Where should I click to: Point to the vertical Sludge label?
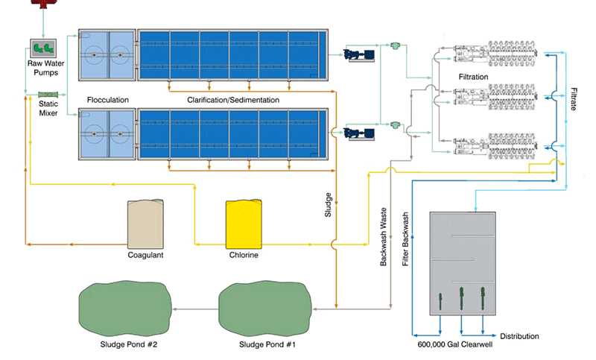click(x=328, y=205)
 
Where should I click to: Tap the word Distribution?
click(x=519, y=337)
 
